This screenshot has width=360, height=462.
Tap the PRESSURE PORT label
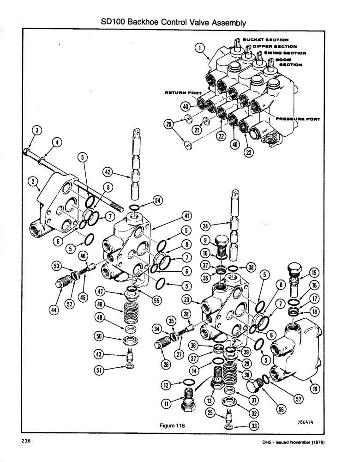[x=298, y=119]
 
